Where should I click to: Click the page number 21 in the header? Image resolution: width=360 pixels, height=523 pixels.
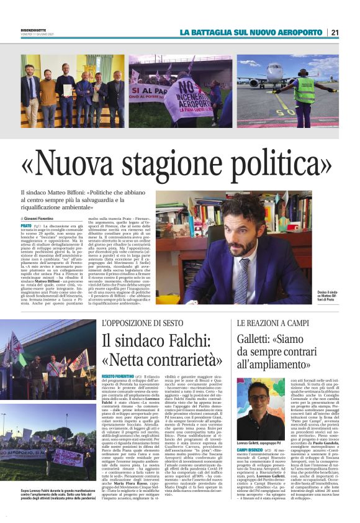click(x=335, y=32)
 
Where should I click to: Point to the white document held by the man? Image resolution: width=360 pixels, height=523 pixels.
click(x=68, y=89)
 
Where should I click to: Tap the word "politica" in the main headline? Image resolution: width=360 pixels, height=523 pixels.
click(x=277, y=165)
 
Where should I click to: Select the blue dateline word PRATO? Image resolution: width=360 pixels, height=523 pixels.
click(x=27, y=227)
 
